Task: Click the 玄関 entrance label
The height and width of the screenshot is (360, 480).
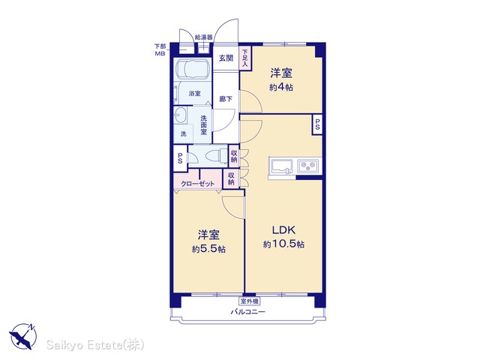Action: tap(226, 58)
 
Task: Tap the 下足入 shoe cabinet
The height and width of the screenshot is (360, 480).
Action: tap(245, 58)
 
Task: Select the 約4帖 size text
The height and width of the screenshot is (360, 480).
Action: tap(281, 88)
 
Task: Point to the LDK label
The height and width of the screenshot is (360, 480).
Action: tap(283, 229)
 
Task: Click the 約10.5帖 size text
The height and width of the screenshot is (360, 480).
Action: tap(283, 244)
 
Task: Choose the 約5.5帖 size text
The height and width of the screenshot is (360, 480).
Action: tap(208, 249)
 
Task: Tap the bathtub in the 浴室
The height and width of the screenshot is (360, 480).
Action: tap(192, 69)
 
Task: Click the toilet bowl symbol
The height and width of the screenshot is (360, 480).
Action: tap(215, 157)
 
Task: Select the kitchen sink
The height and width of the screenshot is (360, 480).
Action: tap(281, 166)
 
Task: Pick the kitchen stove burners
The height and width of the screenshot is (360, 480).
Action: tap(308, 166)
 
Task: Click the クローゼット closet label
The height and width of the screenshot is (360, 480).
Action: tap(198, 184)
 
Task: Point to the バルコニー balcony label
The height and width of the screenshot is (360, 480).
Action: tap(248, 312)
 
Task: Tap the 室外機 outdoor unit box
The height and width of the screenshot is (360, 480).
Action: tap(249, 301)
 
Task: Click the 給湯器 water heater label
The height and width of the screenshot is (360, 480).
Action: tap(203, 37)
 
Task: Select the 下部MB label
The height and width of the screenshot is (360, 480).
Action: tap(160, 50)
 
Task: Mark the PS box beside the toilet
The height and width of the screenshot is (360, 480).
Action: tap(180, 158)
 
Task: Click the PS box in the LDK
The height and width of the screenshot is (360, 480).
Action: tap(317, 124)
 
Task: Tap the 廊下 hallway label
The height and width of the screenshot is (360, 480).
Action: tap(226, 99)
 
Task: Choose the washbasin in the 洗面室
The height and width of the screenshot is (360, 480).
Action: tap(180, 115)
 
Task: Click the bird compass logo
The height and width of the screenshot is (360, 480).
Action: tap(23, 337)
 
